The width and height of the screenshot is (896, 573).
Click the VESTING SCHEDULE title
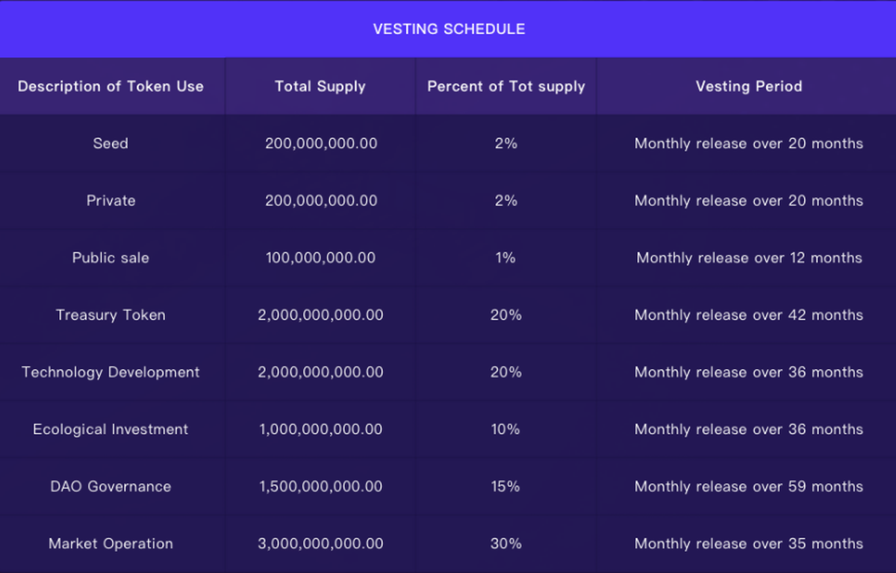(x=449, y=29)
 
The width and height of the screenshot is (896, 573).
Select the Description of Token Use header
(x=111, y=86)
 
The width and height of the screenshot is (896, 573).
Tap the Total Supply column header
(x=320, y=86)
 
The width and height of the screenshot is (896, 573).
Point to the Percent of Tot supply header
(x=506, y=86)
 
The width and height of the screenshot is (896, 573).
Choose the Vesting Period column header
(x=749, y=86)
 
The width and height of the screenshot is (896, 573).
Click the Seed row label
(x=111, y=143)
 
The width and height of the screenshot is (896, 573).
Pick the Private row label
(x=111, y=200)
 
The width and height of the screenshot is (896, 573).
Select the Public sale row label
(x=111, y=258)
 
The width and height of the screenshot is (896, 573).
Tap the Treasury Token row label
(x=111, y=315)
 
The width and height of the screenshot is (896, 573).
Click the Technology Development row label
(x=111, y=372)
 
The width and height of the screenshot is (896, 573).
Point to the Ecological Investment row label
(x=111, y=429)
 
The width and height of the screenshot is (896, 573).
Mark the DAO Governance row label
(x=111, y=486)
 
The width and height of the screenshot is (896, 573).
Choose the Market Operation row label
(x=111, y=543)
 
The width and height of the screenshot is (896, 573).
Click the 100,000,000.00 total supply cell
(x=320, y=258)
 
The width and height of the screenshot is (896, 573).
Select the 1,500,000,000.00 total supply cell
(x=320, y=486)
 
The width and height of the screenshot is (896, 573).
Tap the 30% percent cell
(x=505, y=543)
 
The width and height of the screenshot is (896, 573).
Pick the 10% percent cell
(x=505, y=429)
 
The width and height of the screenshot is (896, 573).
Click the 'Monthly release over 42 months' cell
(x=749, y=315)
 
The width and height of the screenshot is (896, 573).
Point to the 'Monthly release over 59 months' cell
(x=749, y=486)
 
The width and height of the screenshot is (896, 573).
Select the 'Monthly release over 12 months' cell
(x=749, y=258)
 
